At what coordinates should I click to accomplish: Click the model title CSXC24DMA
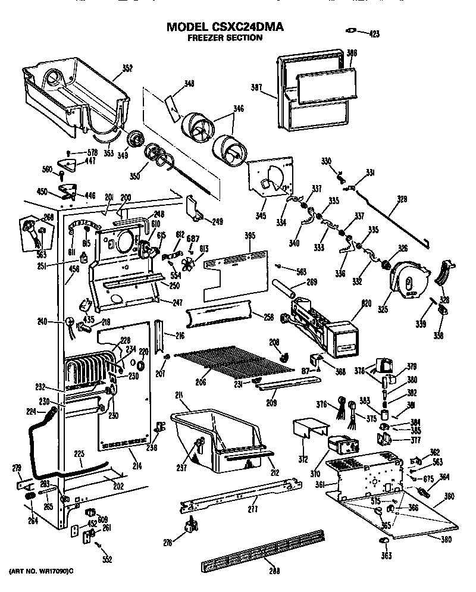tap(225, 27)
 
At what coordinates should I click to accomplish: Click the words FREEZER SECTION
tap(224, 38)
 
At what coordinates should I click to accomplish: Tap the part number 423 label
tap(374, 33)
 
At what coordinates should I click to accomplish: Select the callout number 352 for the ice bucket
tap(127, 68)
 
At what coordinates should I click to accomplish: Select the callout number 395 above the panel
tap(250, 236)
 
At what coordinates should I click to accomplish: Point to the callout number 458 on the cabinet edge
tap(74, 270)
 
